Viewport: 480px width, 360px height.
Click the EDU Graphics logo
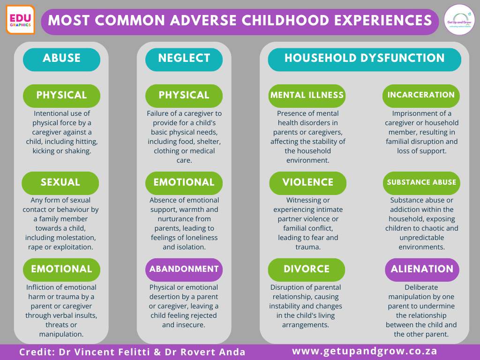20,20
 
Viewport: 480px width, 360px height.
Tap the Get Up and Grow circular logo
459,20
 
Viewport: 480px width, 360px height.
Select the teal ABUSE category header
61,60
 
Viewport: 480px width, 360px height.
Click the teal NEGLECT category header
184,60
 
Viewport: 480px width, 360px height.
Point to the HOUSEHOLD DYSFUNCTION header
364,60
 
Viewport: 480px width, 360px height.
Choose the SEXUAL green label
60,183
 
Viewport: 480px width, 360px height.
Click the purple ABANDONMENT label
184,270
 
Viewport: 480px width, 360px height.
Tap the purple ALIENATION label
422,270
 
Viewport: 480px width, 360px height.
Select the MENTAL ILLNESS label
307,96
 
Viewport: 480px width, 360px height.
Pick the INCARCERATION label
421,96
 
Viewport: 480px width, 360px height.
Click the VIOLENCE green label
307,183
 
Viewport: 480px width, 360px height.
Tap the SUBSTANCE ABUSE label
421,183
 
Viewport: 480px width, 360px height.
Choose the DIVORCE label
307,270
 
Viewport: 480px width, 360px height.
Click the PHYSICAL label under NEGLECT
184,96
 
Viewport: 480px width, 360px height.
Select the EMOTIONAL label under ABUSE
61,270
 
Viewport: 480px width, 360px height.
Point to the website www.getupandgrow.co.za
365,351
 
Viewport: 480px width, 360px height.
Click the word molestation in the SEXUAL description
76,238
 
